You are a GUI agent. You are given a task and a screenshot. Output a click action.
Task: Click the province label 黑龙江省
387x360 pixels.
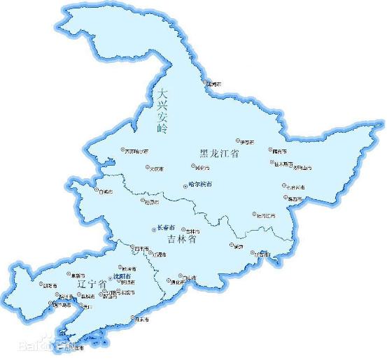coord(219,154)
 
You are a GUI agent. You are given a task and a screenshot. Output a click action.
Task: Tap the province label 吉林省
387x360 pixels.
coord(181,239)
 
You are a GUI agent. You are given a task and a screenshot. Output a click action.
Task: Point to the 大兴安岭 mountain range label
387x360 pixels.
coord(163,110)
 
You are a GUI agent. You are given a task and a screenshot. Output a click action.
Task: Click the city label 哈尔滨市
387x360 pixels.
coord(200,185)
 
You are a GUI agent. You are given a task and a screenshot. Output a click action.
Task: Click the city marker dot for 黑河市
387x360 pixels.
coord(206,82)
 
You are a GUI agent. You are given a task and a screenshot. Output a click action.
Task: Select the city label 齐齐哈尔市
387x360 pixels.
coord(137,150)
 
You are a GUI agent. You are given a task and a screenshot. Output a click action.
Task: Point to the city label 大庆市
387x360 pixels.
coord(156,168)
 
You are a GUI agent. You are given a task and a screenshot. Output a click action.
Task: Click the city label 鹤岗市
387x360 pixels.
coord(280,150)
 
